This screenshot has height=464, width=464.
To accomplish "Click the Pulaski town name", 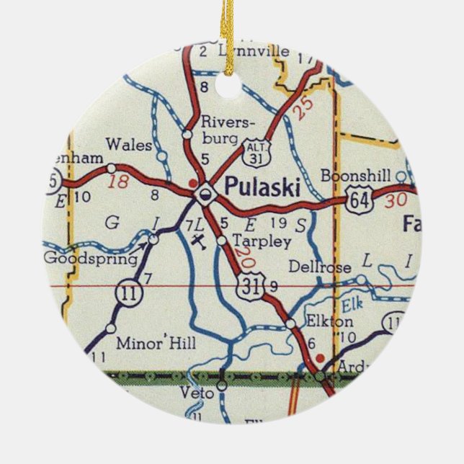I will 262,186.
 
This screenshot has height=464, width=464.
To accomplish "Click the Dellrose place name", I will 319,267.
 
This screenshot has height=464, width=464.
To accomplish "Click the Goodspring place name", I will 91,258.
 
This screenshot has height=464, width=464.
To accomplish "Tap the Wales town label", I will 128,145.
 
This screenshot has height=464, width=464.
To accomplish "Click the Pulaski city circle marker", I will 206,191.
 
